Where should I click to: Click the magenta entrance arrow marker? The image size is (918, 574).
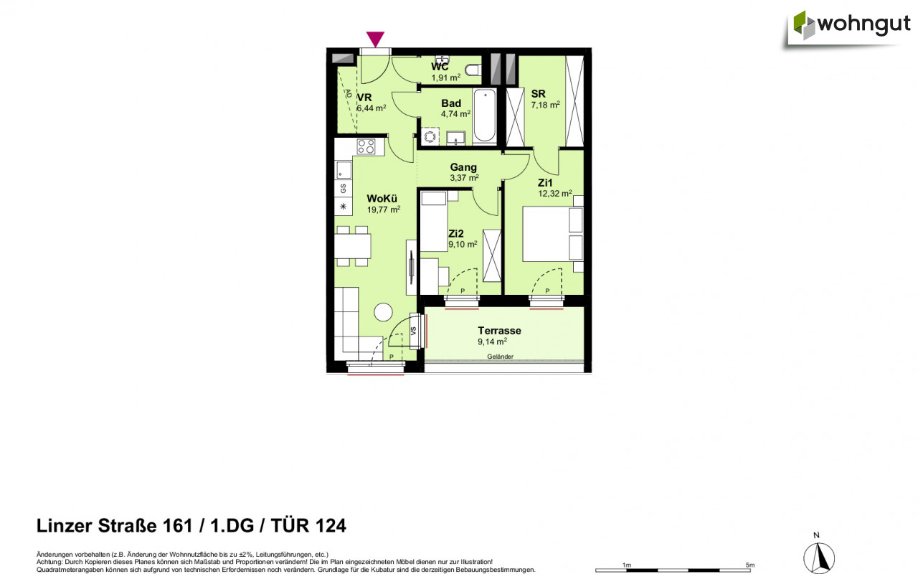point(375,39)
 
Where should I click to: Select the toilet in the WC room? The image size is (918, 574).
point(472,70)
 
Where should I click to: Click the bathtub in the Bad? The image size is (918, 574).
point(484,116)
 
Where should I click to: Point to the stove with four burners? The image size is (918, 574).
point(366,146)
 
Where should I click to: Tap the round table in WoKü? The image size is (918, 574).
point(383,312)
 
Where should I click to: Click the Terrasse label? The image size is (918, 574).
point(499,331)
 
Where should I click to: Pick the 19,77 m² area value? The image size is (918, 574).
point(383,210)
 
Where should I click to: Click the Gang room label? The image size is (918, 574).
point(463,167)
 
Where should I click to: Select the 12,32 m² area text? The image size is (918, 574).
point(555,193)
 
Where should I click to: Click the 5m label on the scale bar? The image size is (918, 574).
point(749,565)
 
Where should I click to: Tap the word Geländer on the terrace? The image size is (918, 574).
point(500,357)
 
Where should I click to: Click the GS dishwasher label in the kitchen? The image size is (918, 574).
point(344,189)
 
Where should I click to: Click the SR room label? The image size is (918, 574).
point(538,93)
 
